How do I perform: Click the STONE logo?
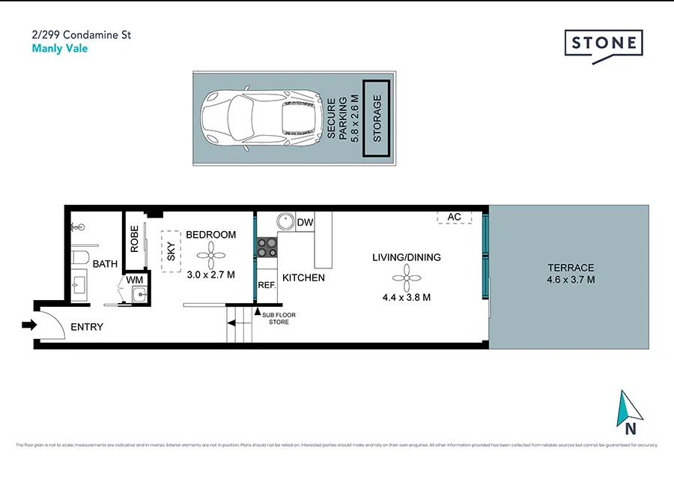click(603, 43)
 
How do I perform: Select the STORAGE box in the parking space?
click(377, 118)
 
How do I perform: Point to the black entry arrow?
click(29, 325)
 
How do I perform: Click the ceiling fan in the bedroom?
click(211, 254)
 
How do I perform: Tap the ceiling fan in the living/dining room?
click(407, 281)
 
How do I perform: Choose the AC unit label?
click(454, 217)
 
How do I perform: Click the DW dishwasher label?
click(305, 222)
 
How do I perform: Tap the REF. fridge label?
click(267, 286)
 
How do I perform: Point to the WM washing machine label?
click(135, 280)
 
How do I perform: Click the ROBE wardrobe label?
click(134, 239)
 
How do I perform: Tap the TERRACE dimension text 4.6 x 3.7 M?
click(571, 280)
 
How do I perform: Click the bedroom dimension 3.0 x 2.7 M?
click(211, 274)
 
